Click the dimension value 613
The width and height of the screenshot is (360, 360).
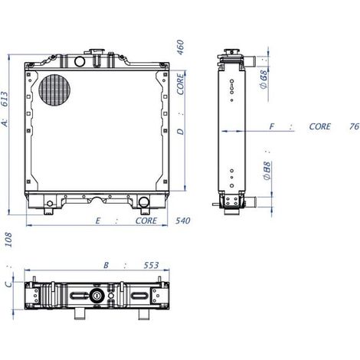click(5, 99)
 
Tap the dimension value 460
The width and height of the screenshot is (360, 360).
click(180, 47)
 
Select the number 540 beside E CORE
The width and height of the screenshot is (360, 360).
click(182, 221)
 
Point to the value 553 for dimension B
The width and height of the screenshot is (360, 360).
click(151, 265)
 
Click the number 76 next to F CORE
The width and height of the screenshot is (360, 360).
click(354, 126)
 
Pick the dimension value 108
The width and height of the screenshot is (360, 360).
click(8, 240)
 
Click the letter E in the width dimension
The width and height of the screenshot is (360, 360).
click(98, 221)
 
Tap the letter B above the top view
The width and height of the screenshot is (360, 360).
click(106, 265)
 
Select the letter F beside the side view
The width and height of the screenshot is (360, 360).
click(272, 126)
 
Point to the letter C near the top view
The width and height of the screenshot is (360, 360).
click(9, 283)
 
